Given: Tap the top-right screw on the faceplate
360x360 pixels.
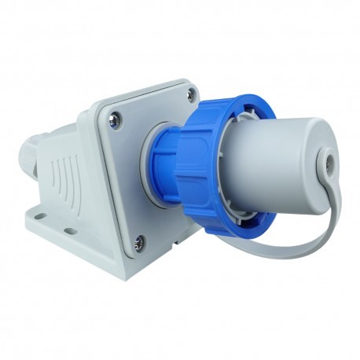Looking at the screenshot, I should pyautogui.click(x=190, y=95).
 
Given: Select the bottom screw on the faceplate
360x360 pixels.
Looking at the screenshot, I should pyautogui.click(x=139, y=242).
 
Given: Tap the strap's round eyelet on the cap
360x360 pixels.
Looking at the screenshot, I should pyautogui.click(x=323, y=166).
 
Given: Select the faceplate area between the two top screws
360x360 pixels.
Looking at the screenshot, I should pyautogui.click(x=153, y=106).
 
